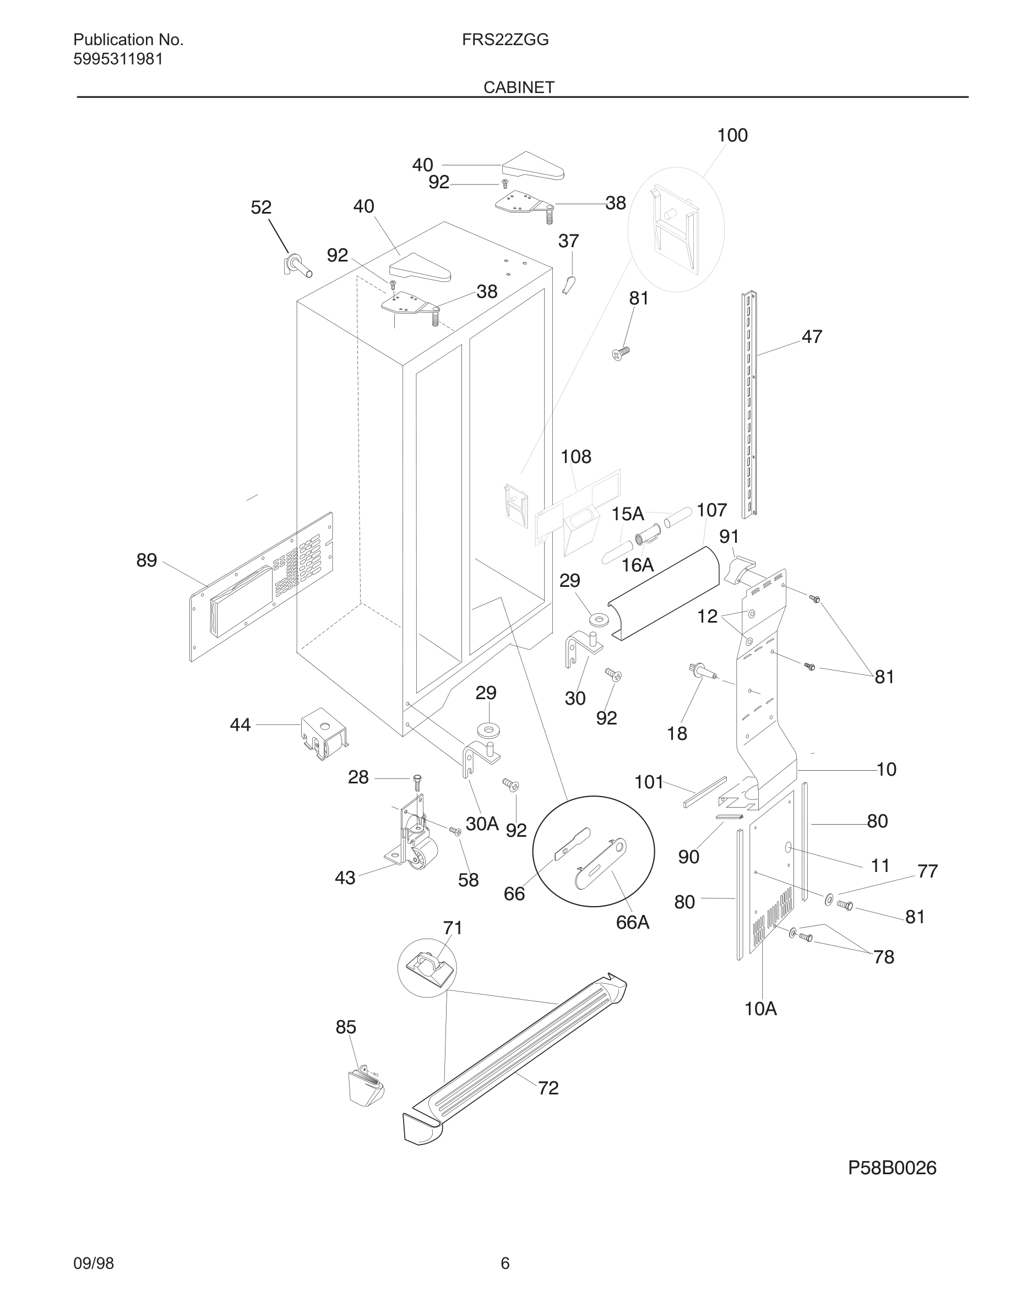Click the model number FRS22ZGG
pos(505,40)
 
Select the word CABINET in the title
pos(519,88)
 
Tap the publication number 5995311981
pos(118,59)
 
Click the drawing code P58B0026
pos(892,1168)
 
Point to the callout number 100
pos(732,135)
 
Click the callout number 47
pos(812,336)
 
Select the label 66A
pos(633,922)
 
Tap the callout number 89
pos(146,560)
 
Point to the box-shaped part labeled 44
pos(323,733)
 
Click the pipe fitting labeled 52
pos(296,265)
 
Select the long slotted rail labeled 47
pos(749,404)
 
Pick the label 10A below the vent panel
pos(760,1009)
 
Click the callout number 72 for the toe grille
pos(548,1088)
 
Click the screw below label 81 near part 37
pos(621,353)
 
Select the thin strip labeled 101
pos(704,792)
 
